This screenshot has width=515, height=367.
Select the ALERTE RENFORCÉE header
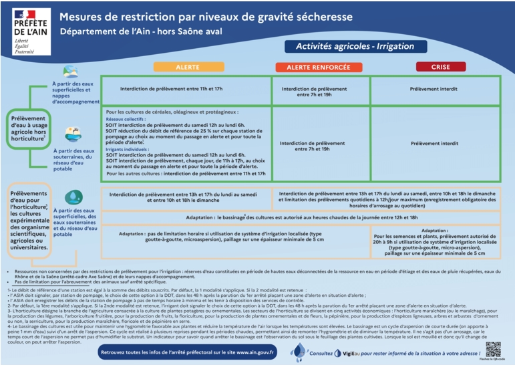coord(312,67)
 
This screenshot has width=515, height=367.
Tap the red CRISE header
coord(440,67)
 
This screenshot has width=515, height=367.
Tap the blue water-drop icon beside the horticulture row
coord(73,198)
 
